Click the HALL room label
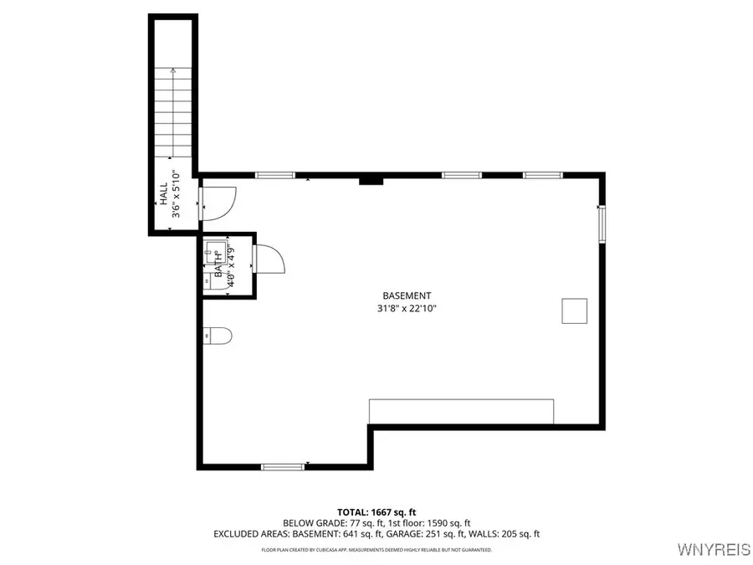[164, 195]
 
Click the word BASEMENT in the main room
[407, 295]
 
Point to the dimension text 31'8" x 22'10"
[407, 309]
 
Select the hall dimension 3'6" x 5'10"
[176, 194]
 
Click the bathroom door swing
[270, 259]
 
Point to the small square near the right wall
[574, 311]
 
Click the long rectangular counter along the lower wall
[462, 411]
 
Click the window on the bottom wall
[282, 465]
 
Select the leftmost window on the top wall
[275, 175]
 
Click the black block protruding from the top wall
[371, 179]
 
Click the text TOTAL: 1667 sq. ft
[376, 511]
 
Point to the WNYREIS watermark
[714, 550]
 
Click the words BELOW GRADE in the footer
[310, 522]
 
